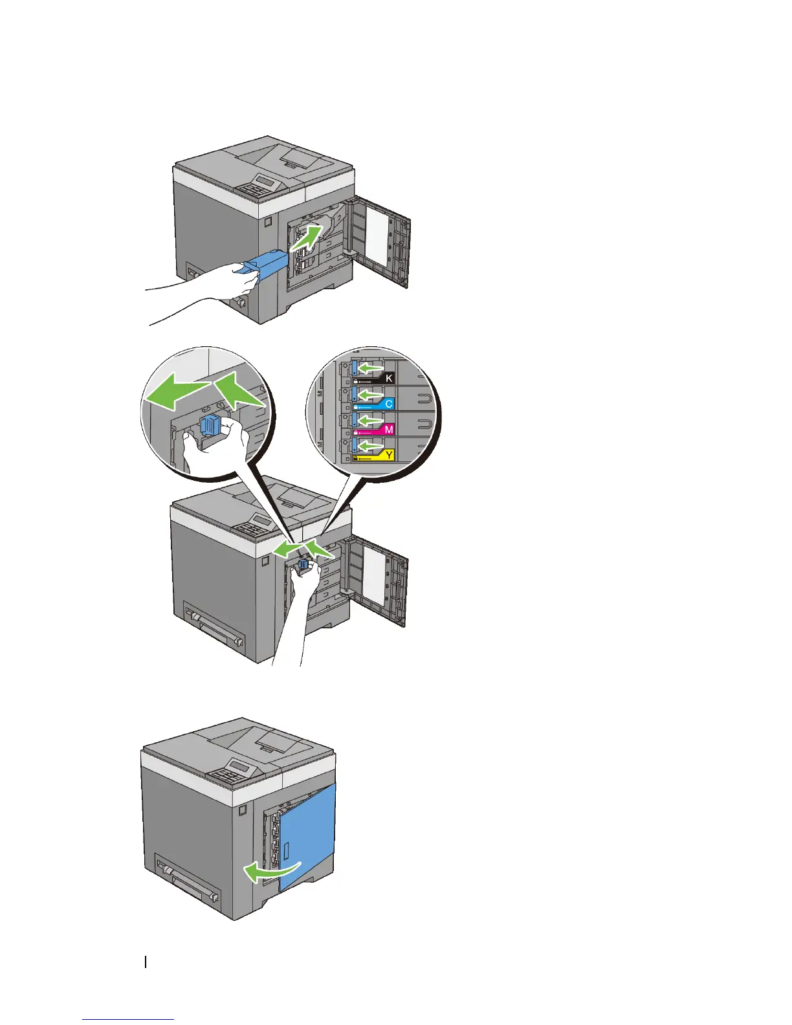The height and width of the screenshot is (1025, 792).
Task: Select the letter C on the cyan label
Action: pos(389,404)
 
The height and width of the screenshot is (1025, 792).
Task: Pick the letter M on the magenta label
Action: pos(389,430)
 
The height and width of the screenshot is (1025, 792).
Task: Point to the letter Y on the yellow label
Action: pos(389,456)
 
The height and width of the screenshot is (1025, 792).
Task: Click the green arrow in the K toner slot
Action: pos(371,368)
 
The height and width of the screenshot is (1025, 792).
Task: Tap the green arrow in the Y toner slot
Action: pos(371,446)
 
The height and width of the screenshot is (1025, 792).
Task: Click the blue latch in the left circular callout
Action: pos(212,427)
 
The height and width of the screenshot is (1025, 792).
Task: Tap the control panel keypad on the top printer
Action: pos(258,188)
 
